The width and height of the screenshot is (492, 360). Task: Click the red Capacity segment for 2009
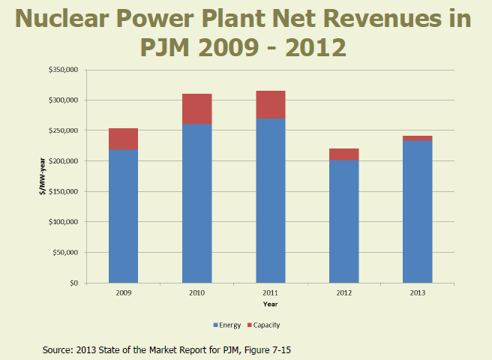coord(124,139)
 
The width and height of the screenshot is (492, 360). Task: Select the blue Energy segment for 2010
coord(196,202)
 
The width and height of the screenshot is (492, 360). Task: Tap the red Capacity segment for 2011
coord(270,104)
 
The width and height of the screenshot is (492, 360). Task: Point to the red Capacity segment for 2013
coord(417,138)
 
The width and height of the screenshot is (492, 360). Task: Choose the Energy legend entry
coord(227,325)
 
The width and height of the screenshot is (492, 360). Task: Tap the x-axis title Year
coord(270,304)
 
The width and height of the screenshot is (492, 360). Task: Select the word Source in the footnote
coord(59,348)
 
